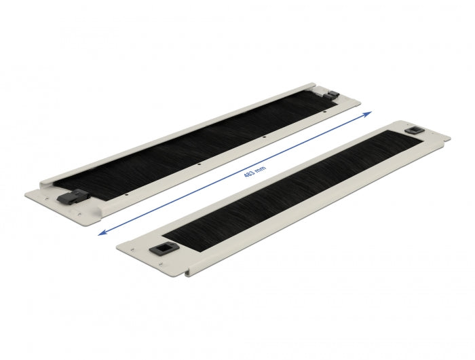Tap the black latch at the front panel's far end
(x=412, y=129)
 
